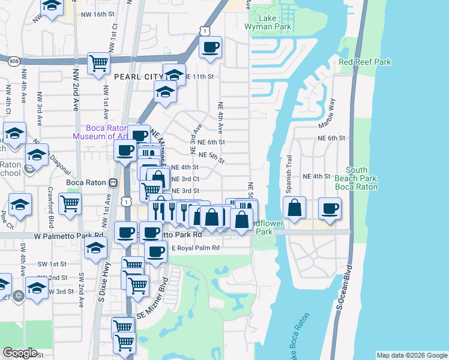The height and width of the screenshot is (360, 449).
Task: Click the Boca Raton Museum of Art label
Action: click(98, 132)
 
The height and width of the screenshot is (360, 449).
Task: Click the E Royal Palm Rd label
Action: click(196, 247)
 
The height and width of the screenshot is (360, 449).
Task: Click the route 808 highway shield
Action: click(13, 60)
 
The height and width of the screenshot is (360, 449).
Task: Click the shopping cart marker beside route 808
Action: click(98, 63)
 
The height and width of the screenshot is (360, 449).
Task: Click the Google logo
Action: click(20, 353)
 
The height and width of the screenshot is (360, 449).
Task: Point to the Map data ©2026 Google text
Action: click(411, 355)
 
